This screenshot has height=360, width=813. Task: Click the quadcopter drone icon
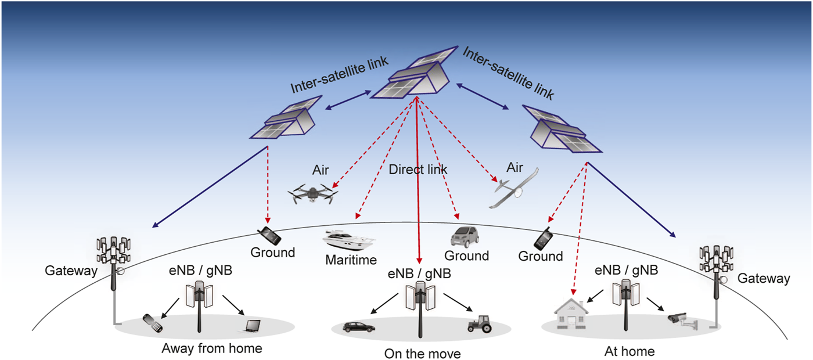coord(313,193)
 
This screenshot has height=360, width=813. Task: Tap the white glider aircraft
coord(514,188)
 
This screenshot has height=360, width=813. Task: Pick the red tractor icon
coord(479,324)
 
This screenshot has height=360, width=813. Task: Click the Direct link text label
coord(418,170)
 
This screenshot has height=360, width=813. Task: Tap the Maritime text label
coord(351,260)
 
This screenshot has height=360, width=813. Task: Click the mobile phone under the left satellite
coord(269,235)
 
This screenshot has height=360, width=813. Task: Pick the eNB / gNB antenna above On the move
coord(420,308)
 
